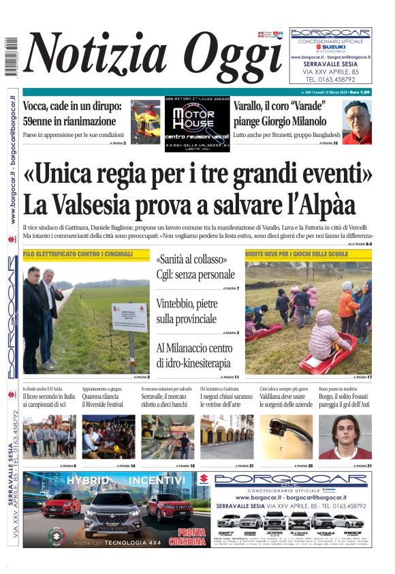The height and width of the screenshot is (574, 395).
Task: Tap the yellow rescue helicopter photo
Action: pyautogui.click(x=145, y=121)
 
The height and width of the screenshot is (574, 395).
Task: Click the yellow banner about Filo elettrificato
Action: pyautogui.click(x=86, y=254)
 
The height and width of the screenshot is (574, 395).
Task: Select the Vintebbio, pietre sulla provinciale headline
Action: pyautogui.click(x=187, y=311)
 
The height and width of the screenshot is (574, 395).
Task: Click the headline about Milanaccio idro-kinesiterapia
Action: pyautogui.click(x=194, y=356)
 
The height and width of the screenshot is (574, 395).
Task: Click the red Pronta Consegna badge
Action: pyautogui.click(x=191, y=536)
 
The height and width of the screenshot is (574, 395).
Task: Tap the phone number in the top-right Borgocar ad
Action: pyautogui.click(x=331, y=79)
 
